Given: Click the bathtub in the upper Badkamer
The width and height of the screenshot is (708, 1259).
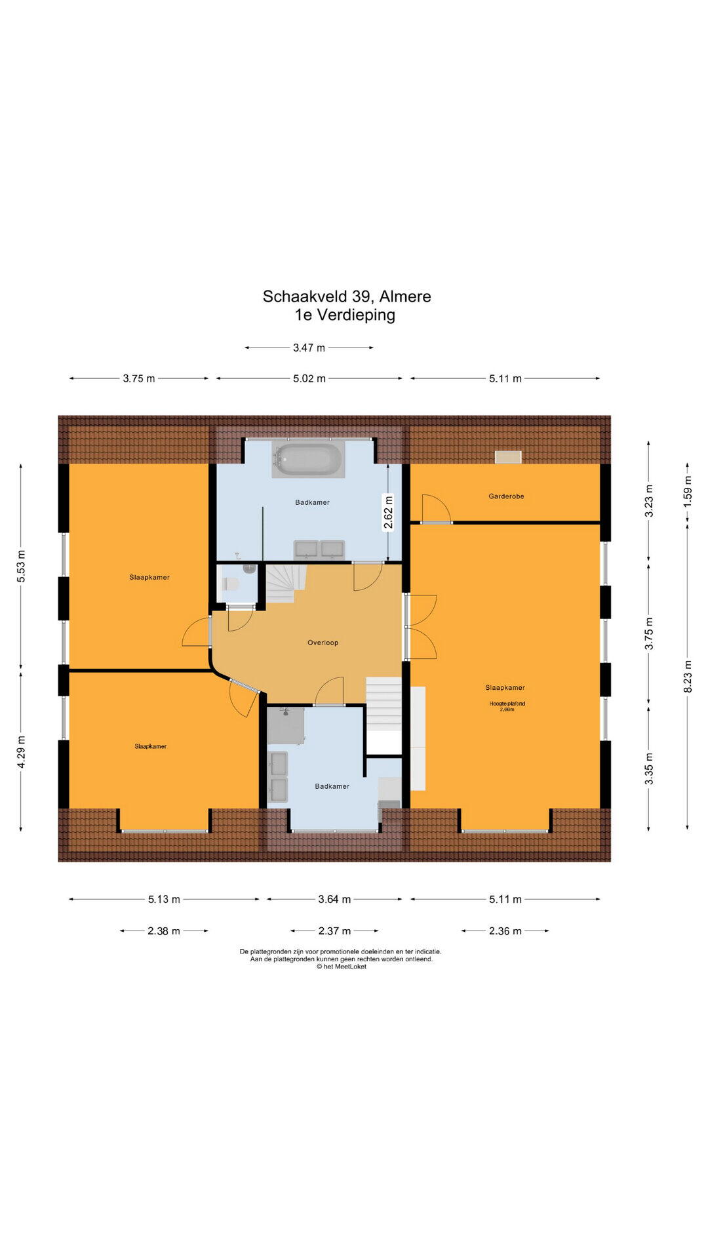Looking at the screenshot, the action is pos(308,458).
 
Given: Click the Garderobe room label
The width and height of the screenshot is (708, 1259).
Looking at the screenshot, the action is pos(506,496).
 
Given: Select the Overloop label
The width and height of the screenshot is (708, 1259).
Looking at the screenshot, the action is pos(323,643).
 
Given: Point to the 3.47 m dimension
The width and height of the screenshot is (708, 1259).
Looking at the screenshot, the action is pos(309,348).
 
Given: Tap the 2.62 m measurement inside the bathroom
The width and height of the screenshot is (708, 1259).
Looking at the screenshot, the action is pos(388,513).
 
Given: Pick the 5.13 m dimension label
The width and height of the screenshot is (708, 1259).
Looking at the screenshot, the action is pos(164,899).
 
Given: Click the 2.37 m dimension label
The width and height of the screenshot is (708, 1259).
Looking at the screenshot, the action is pos(334,930).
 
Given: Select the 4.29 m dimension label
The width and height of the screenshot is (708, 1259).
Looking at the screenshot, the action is pos(21,751).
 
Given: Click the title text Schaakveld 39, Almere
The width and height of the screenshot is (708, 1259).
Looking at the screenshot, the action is pos(347,296).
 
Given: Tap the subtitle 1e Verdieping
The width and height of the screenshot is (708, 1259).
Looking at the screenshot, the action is pos(345,315).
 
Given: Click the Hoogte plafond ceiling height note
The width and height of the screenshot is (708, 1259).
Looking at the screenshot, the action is pos(507,706).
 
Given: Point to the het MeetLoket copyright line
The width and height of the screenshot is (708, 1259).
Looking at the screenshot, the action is pos(342,967).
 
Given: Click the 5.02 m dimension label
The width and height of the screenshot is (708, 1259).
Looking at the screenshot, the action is pos(309,378).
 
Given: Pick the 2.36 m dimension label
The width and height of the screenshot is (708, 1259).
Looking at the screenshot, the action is pos(505,930).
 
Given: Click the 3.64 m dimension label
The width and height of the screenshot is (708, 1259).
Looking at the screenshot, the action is pos(334,899).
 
